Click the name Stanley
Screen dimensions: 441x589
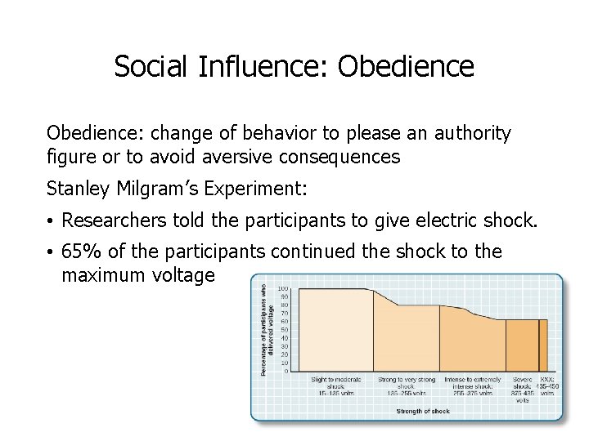[79, 189]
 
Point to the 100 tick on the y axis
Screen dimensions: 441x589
[282, 289]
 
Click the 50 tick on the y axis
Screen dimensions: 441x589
[284, 329]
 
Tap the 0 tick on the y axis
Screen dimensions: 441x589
[286, 371]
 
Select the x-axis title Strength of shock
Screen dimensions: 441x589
[424, 411]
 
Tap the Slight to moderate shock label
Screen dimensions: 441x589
[335, 386]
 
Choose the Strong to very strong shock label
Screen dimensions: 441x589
[407, 386]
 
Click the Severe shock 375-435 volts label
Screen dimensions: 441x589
[521, 386]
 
